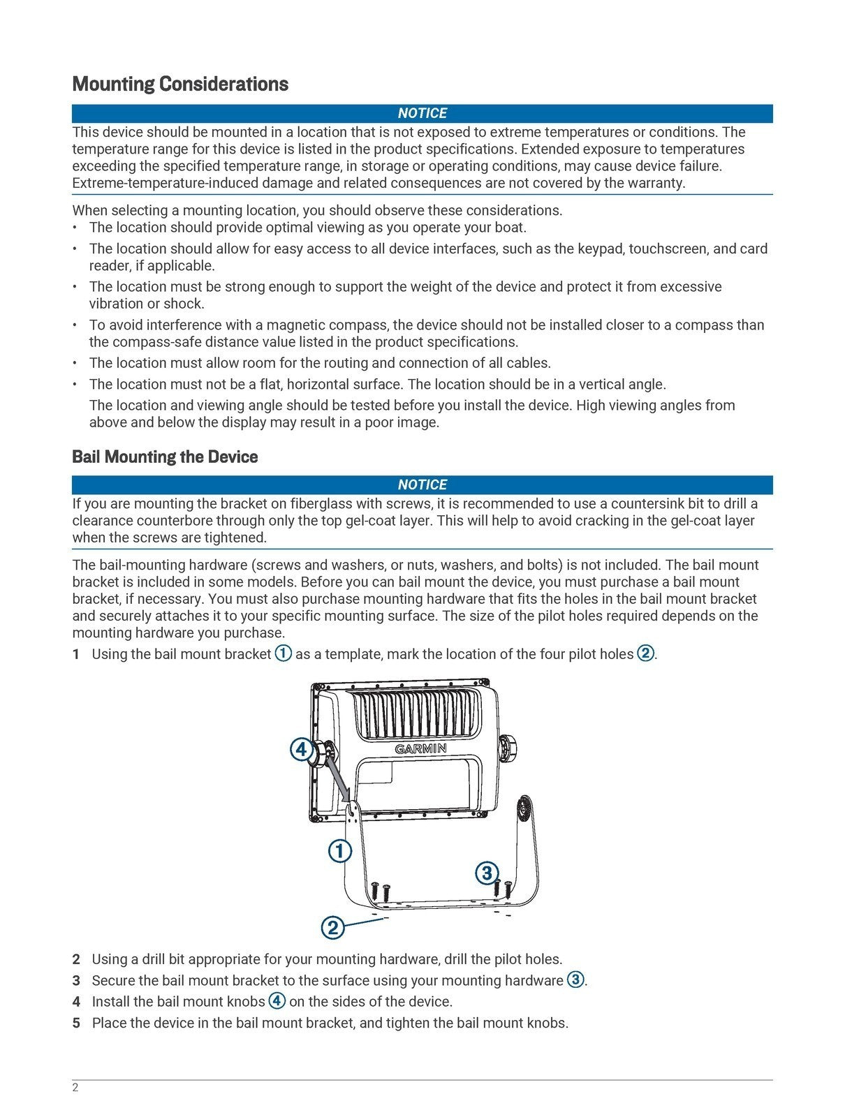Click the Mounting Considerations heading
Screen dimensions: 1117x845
(x=180, y=84)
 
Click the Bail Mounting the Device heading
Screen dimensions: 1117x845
(x=165, y=457)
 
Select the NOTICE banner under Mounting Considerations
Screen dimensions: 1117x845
(x=422, y=113)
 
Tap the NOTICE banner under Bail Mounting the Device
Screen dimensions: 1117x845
(x=422, y=484)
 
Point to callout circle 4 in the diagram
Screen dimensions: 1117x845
(x=300, y=750)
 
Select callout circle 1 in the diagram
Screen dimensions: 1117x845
(x=339, y=851)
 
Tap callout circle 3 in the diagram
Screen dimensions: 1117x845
(x=487, y=873)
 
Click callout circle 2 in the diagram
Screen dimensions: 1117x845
(x=332, y=928)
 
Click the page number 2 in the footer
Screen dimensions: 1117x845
(x=75, y=1088)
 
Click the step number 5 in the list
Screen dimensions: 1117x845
(x=76, y=1023)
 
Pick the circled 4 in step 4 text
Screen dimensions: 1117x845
(x=277, y=1001)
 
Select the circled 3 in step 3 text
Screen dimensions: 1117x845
(x=575, y=979)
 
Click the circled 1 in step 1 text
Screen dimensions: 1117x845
(x=283, y=653)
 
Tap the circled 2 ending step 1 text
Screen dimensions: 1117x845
(x=645, y=653)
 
